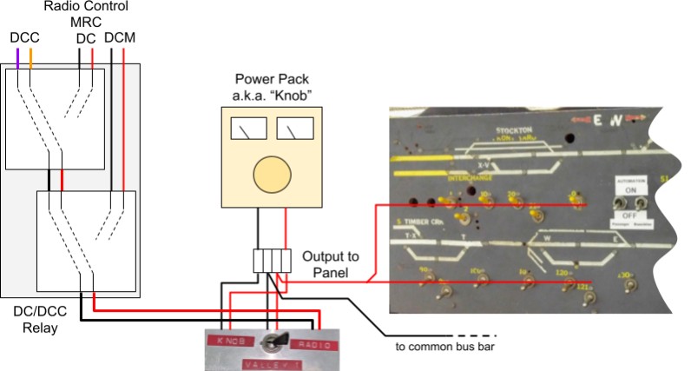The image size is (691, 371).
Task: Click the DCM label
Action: [x=119, y=39]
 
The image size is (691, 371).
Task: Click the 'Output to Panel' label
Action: [x=326, y=266]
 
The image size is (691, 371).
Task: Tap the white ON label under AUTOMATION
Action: [x=631, y=189]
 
